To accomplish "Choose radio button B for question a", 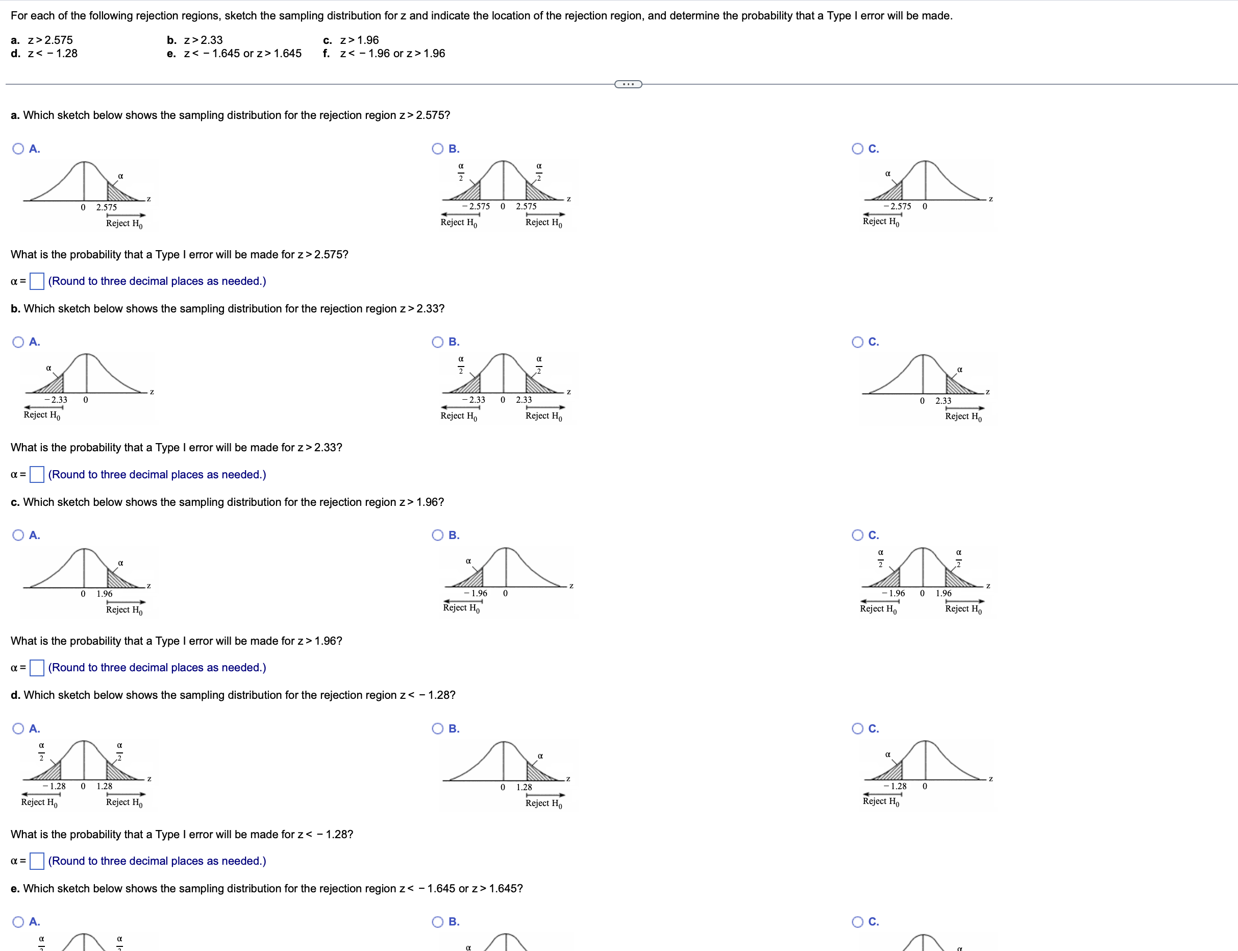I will click(438, 149).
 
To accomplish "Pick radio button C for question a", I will click(858, 149).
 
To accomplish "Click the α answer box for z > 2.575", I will click(37, 281).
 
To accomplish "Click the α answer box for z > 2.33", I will click(37, 474).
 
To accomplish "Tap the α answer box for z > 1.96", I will click(37, 668).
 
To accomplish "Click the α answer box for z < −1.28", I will click(37, 861).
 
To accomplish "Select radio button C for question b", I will click(858, 342).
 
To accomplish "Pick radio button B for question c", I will click(438, 535).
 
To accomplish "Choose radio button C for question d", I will click(858, 728).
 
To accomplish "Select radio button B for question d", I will click(438, 728).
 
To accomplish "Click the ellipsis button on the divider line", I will click(628, 84).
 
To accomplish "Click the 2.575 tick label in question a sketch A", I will click(106, 207).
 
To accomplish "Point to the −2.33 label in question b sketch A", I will click(56, 400).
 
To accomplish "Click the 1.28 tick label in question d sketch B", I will click(524, 787).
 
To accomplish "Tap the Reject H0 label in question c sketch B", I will click(461, 608).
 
